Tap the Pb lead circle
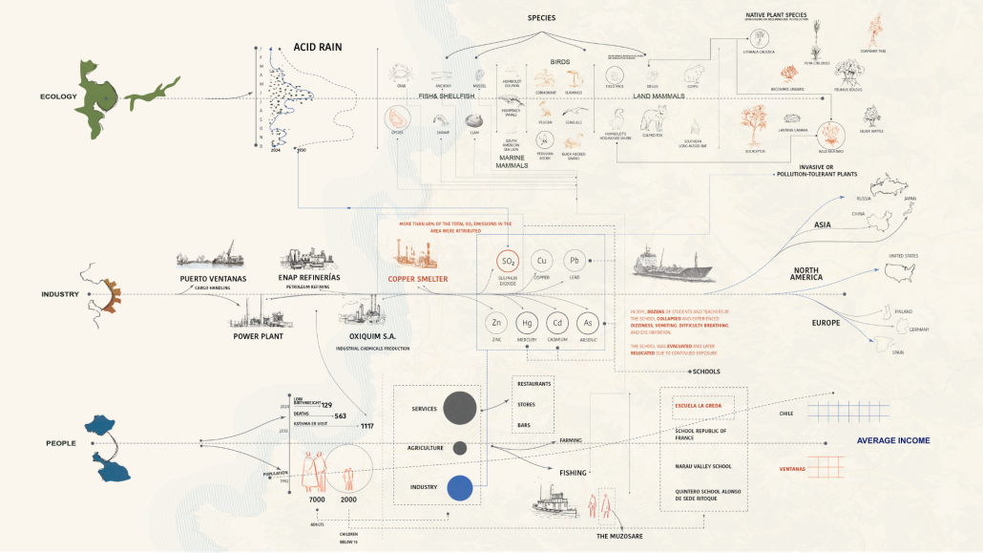click(x=575, y=261)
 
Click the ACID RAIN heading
click(x=318, y=46)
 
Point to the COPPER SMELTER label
click(x=417, y=280)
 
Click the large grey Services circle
click(x=459, y=408)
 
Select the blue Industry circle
click(x=460, y=488)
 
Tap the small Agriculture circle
click(x=460, y=447)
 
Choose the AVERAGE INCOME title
click(x=892, y=440)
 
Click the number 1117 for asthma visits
click(x=366, y=426)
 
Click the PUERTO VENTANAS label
click(x=213, y=278)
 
